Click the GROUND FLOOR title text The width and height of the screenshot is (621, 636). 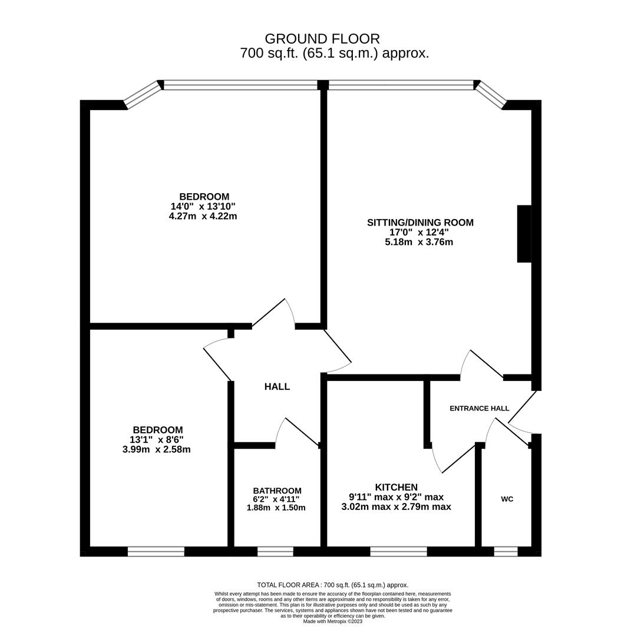tap(322, 39)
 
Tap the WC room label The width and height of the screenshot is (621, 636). tap(507, 499)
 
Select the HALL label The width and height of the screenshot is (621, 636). tap(277, 387)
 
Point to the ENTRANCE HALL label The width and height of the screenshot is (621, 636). tap(479, 408)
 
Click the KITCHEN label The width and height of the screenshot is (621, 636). tap(396, 487)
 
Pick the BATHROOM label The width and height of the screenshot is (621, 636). tap(277, 491)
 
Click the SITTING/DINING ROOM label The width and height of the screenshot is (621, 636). tap(420, 223)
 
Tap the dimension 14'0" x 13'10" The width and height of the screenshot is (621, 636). tap(203, 206)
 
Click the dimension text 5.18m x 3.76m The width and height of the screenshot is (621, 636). tap(419, 241)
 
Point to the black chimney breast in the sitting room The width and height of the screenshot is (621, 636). tap(524, 233)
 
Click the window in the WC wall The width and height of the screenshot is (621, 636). tap(506, 551)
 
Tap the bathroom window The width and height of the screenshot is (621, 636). tap(275, 551)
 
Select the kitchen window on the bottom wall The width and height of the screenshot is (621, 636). tap(398, 551)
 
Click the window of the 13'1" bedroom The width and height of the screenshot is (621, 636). tap(156, 551)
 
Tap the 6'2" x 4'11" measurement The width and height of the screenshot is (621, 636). tap(276, 499)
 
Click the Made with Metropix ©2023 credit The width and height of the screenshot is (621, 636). tap(333, 621)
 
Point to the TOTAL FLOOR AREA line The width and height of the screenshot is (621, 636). tap(332, 585)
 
